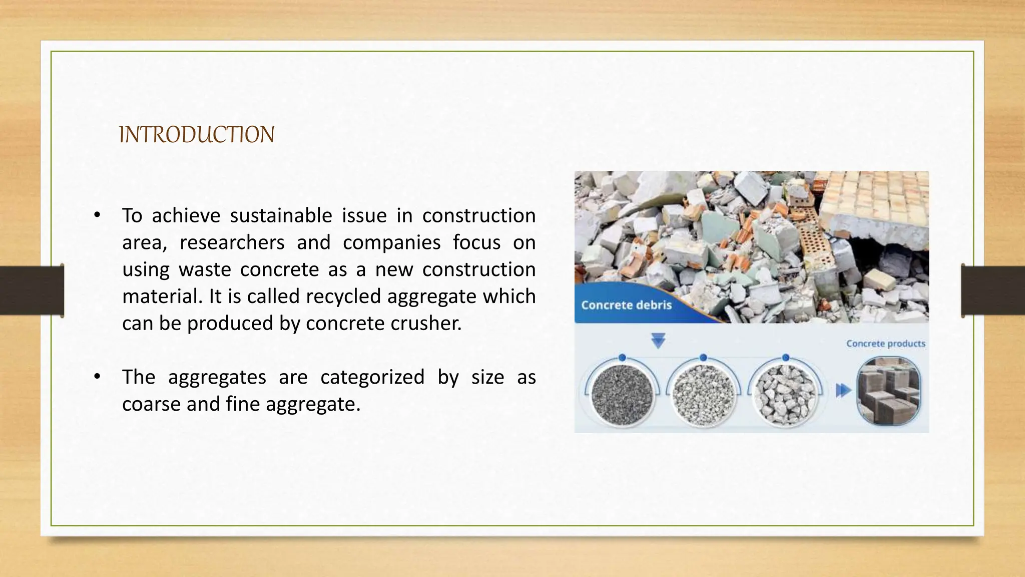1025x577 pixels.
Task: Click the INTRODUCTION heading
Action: [197, 135]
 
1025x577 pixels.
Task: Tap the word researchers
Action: [232, 243]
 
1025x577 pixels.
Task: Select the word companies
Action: [391, 243]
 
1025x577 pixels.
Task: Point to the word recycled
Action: [343, 297]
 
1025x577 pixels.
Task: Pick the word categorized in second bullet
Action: [372, 377]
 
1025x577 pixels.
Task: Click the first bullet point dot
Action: [97, 216]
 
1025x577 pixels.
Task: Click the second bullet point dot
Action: [97, 377]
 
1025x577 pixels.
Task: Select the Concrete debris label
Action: [626, 305]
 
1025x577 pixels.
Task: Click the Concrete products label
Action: [885, 344]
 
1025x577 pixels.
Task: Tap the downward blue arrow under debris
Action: [658, 341]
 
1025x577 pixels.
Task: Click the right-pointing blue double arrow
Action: [843, 390]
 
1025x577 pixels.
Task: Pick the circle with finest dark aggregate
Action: [622, 394]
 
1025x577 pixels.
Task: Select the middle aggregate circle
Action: [704, 394]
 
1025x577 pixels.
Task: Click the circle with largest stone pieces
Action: [785, 394]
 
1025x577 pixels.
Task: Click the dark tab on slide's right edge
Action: [993, 291]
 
